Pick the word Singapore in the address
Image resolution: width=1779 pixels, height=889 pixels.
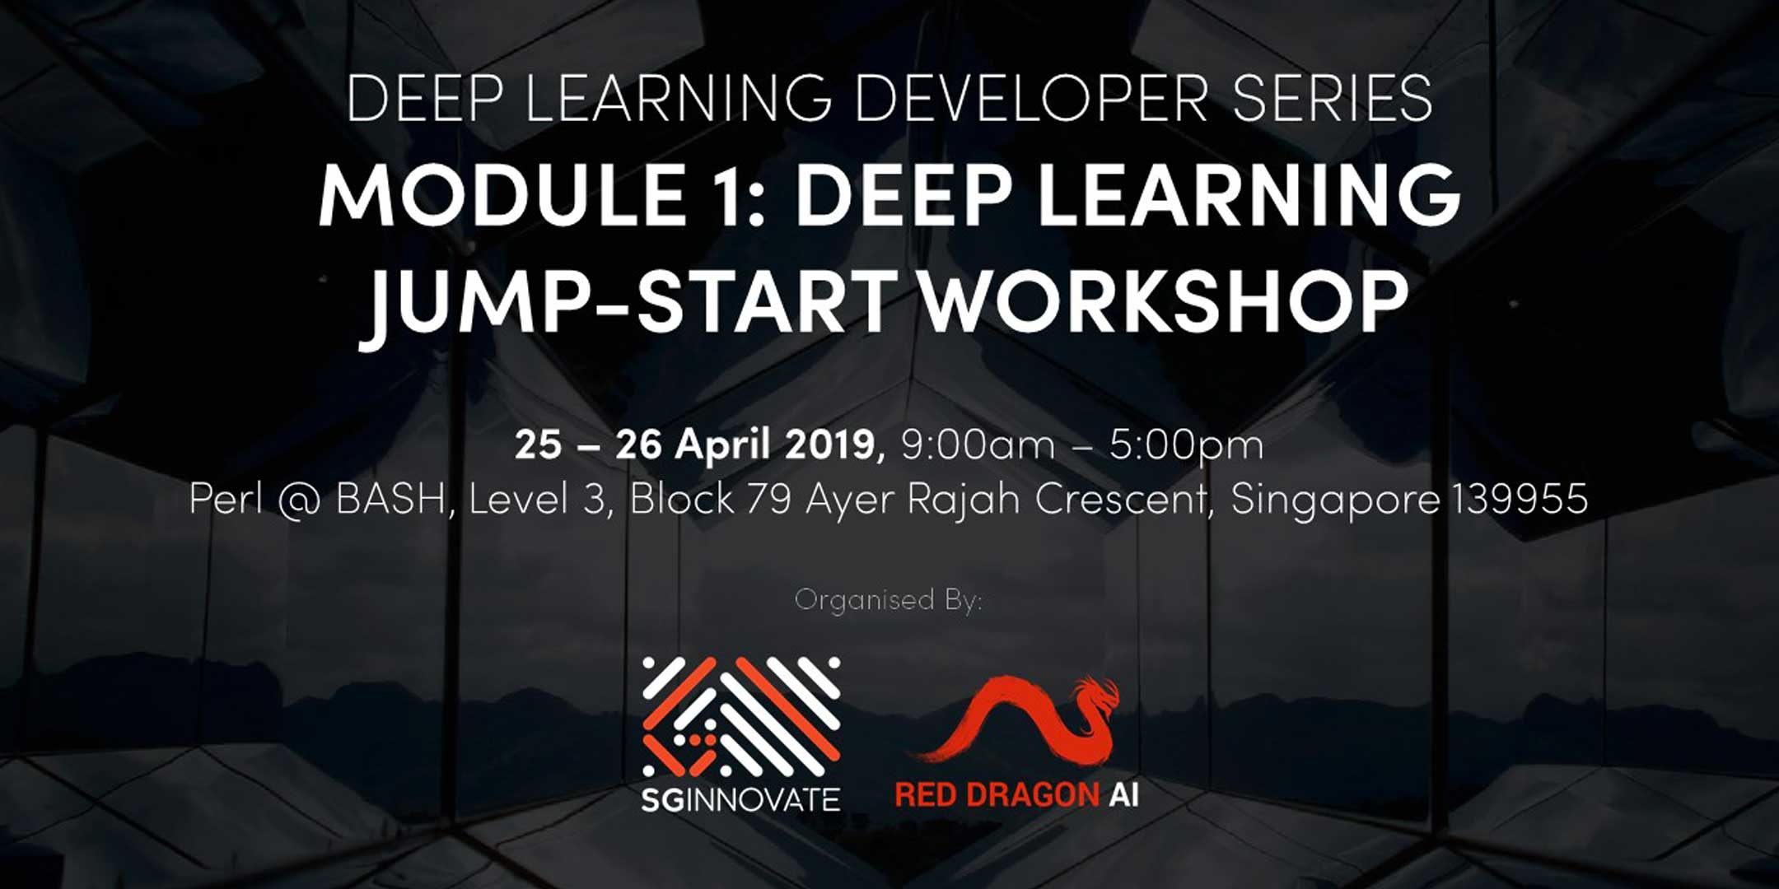pos(1335,500)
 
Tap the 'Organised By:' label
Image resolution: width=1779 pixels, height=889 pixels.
pos(889,599)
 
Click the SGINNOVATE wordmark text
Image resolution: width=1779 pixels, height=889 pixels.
pos(740,798)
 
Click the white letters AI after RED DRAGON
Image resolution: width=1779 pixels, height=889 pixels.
pos(1123,795)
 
